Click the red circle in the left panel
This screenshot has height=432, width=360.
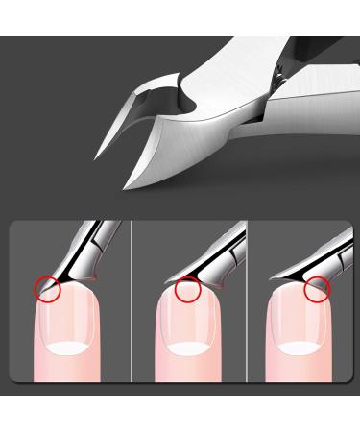point(45,286)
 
